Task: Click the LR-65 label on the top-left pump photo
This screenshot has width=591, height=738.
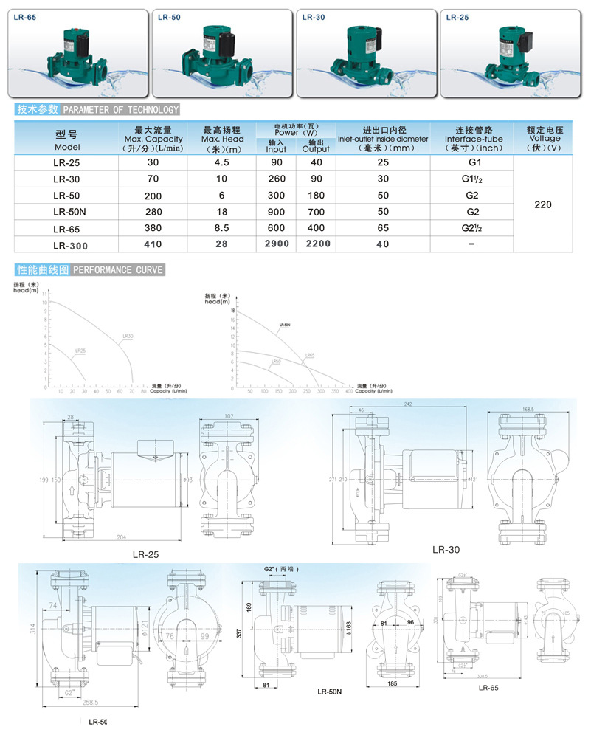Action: [25, 18]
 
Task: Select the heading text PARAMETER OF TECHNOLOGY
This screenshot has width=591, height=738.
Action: [121, 110]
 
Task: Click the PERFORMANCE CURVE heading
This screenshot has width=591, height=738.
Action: [118, 270]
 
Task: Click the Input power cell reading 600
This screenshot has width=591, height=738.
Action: [276, 228]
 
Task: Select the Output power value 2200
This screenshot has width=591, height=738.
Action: [316, 244]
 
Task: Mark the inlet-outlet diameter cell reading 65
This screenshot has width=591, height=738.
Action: [383, 228]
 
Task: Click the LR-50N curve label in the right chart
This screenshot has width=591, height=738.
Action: [284, 325]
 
